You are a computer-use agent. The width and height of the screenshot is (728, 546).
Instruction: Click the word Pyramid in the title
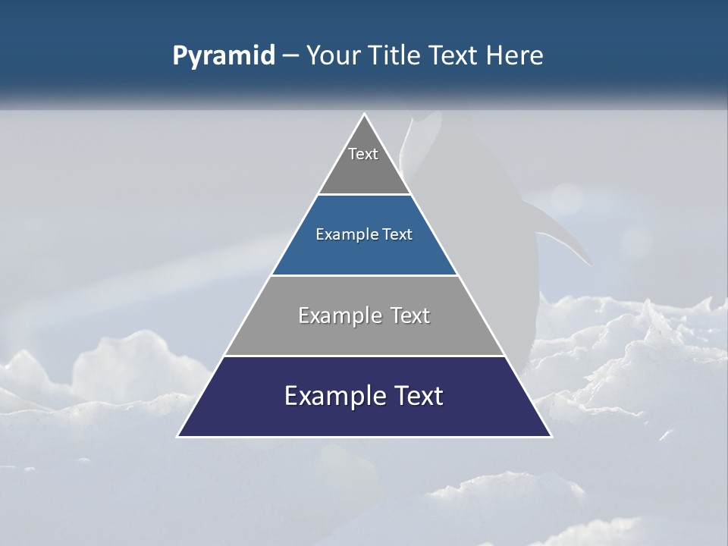click(223, 56)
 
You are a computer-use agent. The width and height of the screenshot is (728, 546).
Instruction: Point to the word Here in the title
click(514, 55)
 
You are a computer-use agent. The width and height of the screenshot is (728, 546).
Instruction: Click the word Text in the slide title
click(455, 55)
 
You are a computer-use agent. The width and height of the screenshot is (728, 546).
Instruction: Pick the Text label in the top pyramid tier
click(363, 154)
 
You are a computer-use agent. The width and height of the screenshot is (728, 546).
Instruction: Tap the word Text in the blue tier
click(397, 234)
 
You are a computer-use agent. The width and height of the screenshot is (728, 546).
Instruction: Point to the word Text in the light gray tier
click(410, 315)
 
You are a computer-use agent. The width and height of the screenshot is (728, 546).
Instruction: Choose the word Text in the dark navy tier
click(418, 396)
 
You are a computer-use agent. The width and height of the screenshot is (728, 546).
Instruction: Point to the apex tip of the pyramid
click(364, 115)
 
